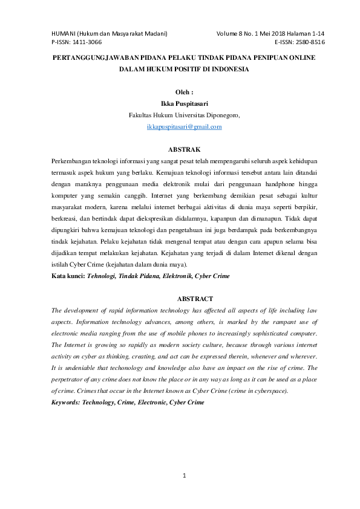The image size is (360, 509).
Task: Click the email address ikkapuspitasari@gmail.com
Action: [x=185, y=127]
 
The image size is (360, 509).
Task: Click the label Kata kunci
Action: [x=67, y=276]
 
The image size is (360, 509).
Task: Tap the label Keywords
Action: [x=68, y=401]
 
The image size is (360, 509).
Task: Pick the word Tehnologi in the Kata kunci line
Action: [x=104, y=276]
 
